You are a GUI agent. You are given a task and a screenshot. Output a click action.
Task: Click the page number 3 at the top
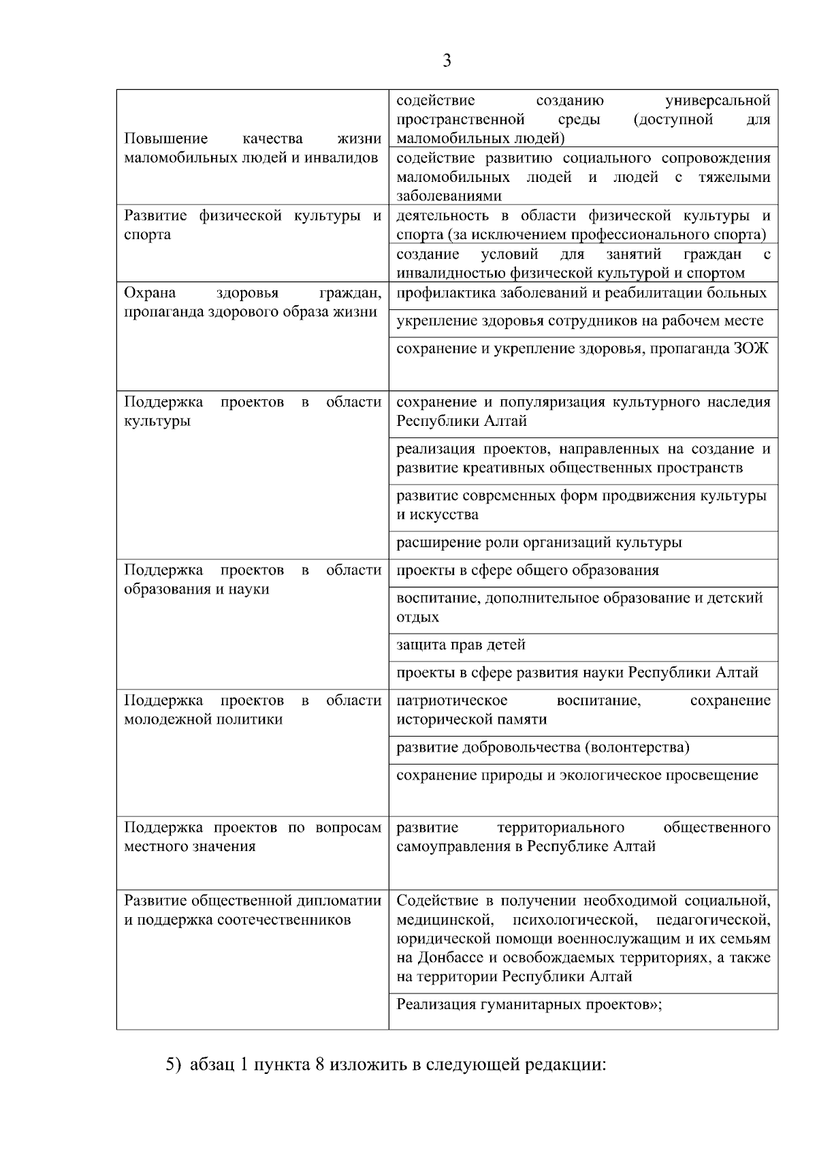447,61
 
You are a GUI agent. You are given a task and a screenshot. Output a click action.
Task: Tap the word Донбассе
447,957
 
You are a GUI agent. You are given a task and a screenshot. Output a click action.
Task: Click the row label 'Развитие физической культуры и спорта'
252,226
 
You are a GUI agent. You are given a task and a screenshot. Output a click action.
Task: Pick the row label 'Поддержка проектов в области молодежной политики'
252,710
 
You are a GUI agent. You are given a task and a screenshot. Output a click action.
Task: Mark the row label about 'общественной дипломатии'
252,910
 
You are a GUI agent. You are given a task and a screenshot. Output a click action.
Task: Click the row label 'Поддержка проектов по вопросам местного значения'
252,837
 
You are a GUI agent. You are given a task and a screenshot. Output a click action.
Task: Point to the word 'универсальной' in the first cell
718,101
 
